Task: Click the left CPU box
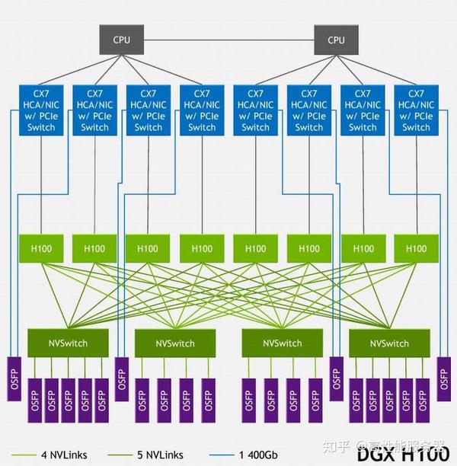point(122,40)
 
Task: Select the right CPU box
point(336,40)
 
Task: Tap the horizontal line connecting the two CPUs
point(228,38)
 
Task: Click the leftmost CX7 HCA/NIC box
point(41,110)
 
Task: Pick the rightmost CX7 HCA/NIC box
point(417,110)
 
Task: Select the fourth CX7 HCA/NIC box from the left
point(202,110)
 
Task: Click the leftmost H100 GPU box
point(41,248)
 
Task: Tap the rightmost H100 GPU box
point(417,248)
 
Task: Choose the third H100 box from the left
point(149,248)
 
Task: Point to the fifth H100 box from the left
point(256,248)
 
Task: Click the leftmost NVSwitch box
point(67,343)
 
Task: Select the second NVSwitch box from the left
point(174,343)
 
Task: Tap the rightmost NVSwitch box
point(388,343)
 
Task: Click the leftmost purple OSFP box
point(15,378)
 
